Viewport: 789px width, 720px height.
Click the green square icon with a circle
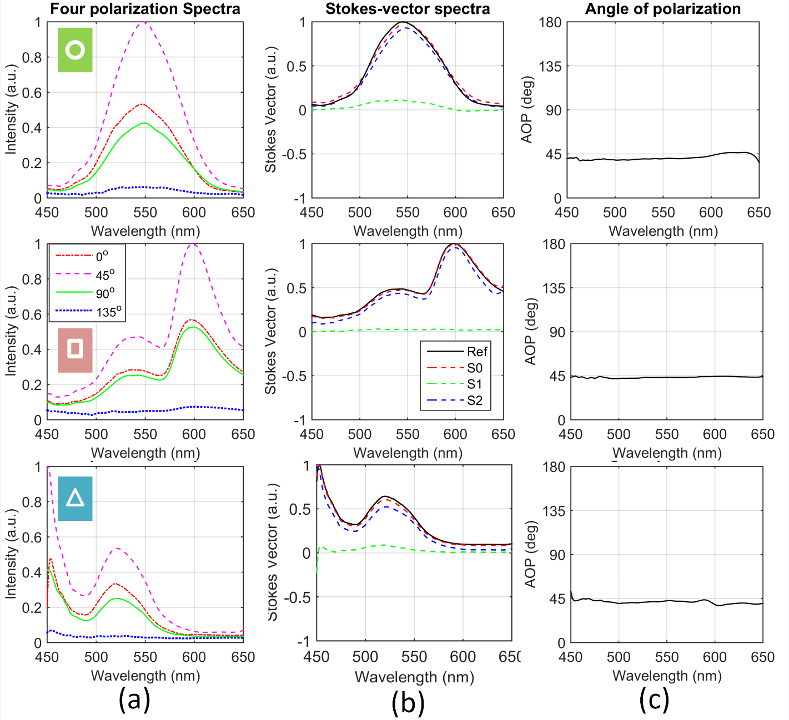(75, 50)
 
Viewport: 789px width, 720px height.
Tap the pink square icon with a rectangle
(75, 349)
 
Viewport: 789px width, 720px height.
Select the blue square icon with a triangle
(75, 498)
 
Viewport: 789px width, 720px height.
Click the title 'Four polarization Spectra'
(145, 9)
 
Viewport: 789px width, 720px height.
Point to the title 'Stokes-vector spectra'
(408, 9)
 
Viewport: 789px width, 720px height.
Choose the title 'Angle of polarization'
(663, 9)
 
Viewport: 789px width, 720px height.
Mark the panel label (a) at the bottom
(134, 700)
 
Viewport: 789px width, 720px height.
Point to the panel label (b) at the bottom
(408, 702)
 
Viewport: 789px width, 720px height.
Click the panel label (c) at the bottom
(654, 700)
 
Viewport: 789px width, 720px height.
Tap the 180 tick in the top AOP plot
(550, 22)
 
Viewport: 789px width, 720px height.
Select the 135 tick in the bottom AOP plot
(554, 510)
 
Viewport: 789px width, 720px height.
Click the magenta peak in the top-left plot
(145, 22)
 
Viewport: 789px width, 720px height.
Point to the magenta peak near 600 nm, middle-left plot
(193, 244)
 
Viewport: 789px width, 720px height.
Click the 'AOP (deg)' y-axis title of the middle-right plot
(531, 332)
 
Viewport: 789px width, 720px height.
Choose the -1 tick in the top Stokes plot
(299, 198)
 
